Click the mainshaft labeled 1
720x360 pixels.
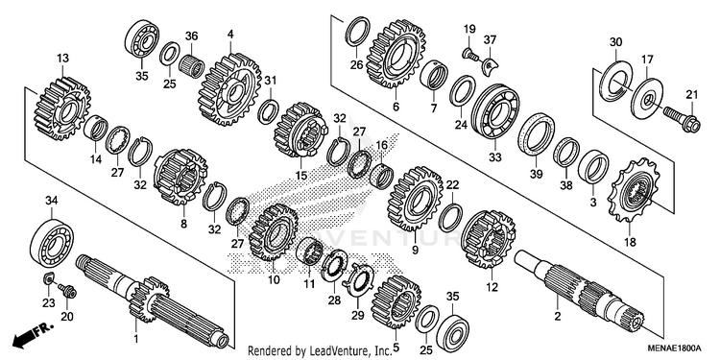[152, 301]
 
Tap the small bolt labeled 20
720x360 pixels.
[67, 291]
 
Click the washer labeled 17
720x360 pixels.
[646, 98]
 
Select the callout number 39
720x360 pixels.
[536, 174]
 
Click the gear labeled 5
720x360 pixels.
[396, 302]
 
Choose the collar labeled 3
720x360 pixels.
[593, 165]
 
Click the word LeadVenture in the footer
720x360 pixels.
[334, 351]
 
